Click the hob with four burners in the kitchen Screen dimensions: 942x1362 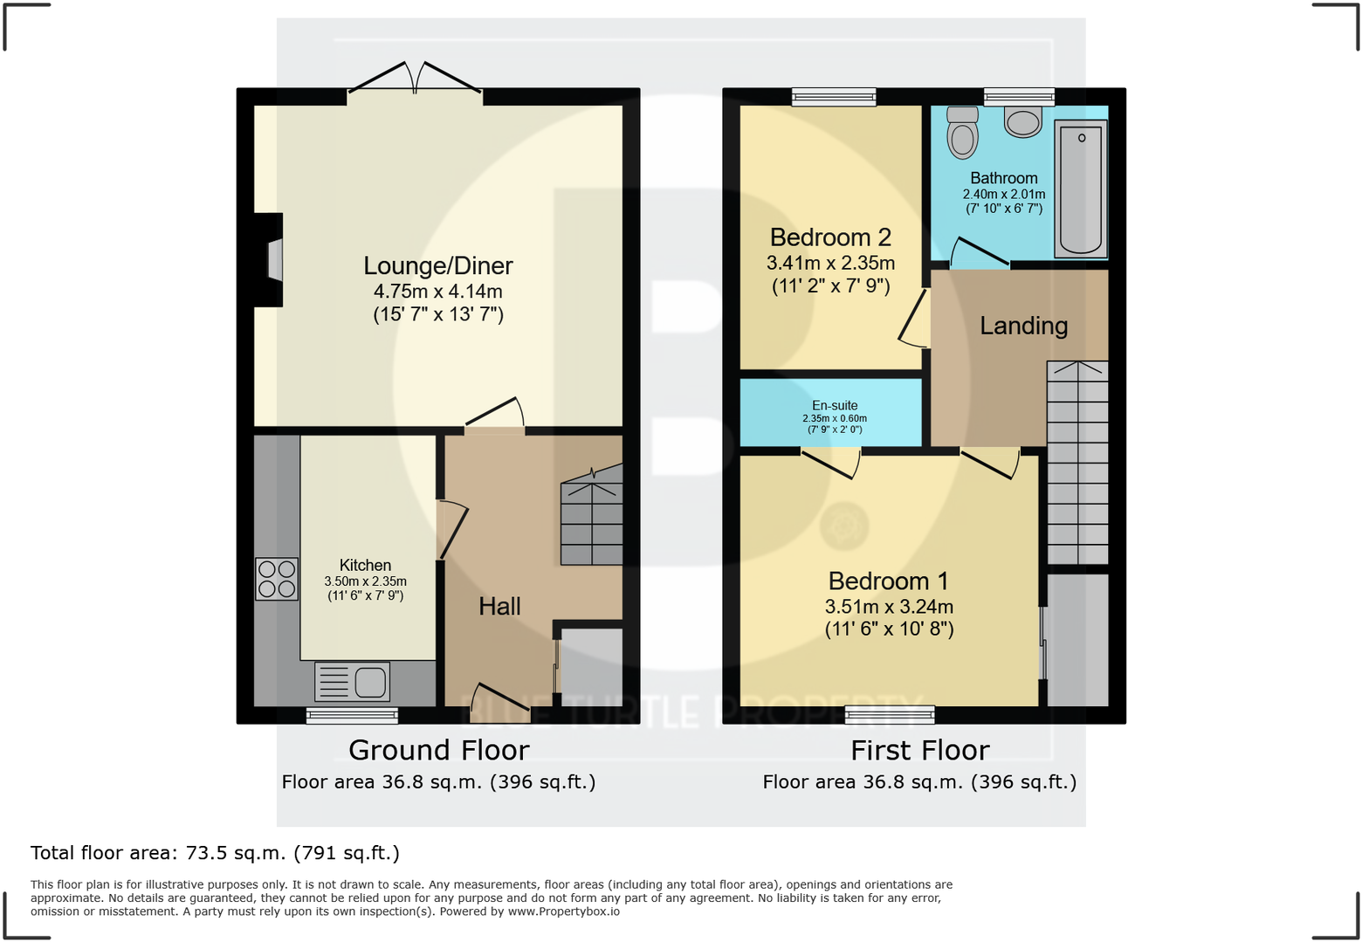tap(277, 579)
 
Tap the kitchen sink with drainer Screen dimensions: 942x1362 tap(352, 682)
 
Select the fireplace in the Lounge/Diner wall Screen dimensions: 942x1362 tap(272, 260)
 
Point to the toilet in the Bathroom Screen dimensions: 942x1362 tap(962, 133)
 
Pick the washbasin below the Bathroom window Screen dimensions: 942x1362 tap(1022, 121)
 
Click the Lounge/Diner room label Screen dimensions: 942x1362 tap(438, 265)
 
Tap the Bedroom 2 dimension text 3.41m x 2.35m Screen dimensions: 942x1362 tap(830, 263)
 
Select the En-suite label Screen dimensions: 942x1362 tap(835, 405)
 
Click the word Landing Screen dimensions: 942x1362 tap(1023, 326)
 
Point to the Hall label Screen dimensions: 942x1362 tap(499, 606)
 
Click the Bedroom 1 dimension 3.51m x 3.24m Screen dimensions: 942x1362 tap(889, 607)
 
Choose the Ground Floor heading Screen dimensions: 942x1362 tap(438, 750)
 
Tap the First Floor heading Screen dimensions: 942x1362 tap(919, 750)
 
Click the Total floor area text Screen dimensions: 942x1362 tap(215, 852)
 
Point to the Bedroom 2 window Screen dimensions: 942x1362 tap(834, 96)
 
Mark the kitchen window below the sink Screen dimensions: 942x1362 tap(352, 716)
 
